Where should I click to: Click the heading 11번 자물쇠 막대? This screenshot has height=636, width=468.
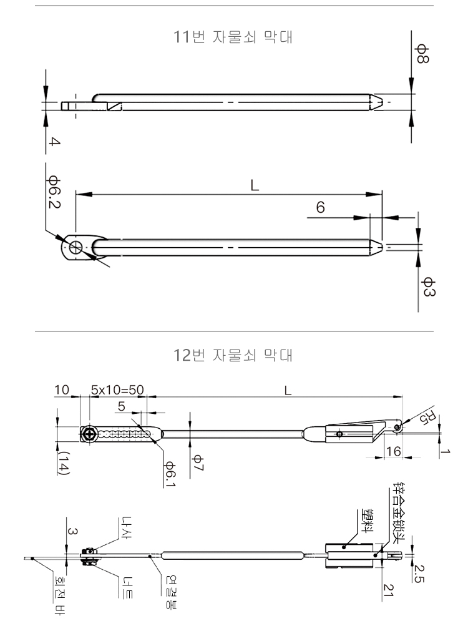233,37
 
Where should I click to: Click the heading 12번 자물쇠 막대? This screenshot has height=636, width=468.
233,355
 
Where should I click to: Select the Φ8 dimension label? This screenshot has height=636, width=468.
421,54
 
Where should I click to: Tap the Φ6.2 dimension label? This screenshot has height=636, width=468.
54,192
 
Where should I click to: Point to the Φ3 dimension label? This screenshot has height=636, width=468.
427,286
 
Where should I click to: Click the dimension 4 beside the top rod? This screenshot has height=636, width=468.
55,142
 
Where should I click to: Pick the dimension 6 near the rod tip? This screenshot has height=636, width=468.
320,207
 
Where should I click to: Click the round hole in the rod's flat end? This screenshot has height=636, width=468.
76,247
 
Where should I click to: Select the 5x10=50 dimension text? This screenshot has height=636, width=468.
117,390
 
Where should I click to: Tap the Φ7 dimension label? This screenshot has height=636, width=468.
198,463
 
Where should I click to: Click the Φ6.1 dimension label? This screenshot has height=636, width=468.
170,474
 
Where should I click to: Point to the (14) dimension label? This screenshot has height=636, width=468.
64,463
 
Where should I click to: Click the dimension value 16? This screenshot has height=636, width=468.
393,451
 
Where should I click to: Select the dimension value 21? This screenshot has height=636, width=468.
389,590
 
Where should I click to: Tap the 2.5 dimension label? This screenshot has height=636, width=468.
419,573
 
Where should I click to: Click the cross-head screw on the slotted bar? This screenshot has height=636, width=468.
89,435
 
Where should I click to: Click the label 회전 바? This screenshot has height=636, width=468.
60,595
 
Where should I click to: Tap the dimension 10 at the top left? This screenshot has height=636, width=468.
62,390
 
